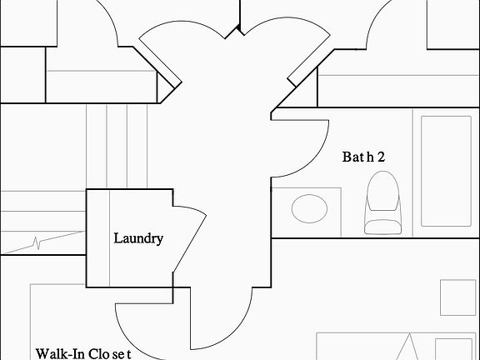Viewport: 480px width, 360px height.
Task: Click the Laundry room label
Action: pos(138,238)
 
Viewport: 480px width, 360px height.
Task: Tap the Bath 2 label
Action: pos(363,157)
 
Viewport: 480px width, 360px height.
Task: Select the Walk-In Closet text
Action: pos(83,354)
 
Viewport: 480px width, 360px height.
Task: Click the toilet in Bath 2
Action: pos(383,202)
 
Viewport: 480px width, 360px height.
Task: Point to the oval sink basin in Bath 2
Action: pos(309,208)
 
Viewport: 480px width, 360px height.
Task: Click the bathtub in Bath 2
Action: pos(446,171)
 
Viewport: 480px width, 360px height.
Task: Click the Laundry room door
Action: pos(190,239)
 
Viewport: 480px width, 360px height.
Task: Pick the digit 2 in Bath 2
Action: pos(381,157)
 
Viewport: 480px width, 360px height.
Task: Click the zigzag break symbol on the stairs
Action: pos(37,242)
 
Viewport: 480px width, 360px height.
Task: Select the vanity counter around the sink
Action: pos(306,212)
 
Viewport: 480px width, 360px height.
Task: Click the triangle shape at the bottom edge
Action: pos(409,347)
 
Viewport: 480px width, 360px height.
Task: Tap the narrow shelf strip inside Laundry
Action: pos(98,238)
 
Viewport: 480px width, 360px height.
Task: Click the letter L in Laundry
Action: pos(117,238)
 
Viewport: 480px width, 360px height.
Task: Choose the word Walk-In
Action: pos(60,354)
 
